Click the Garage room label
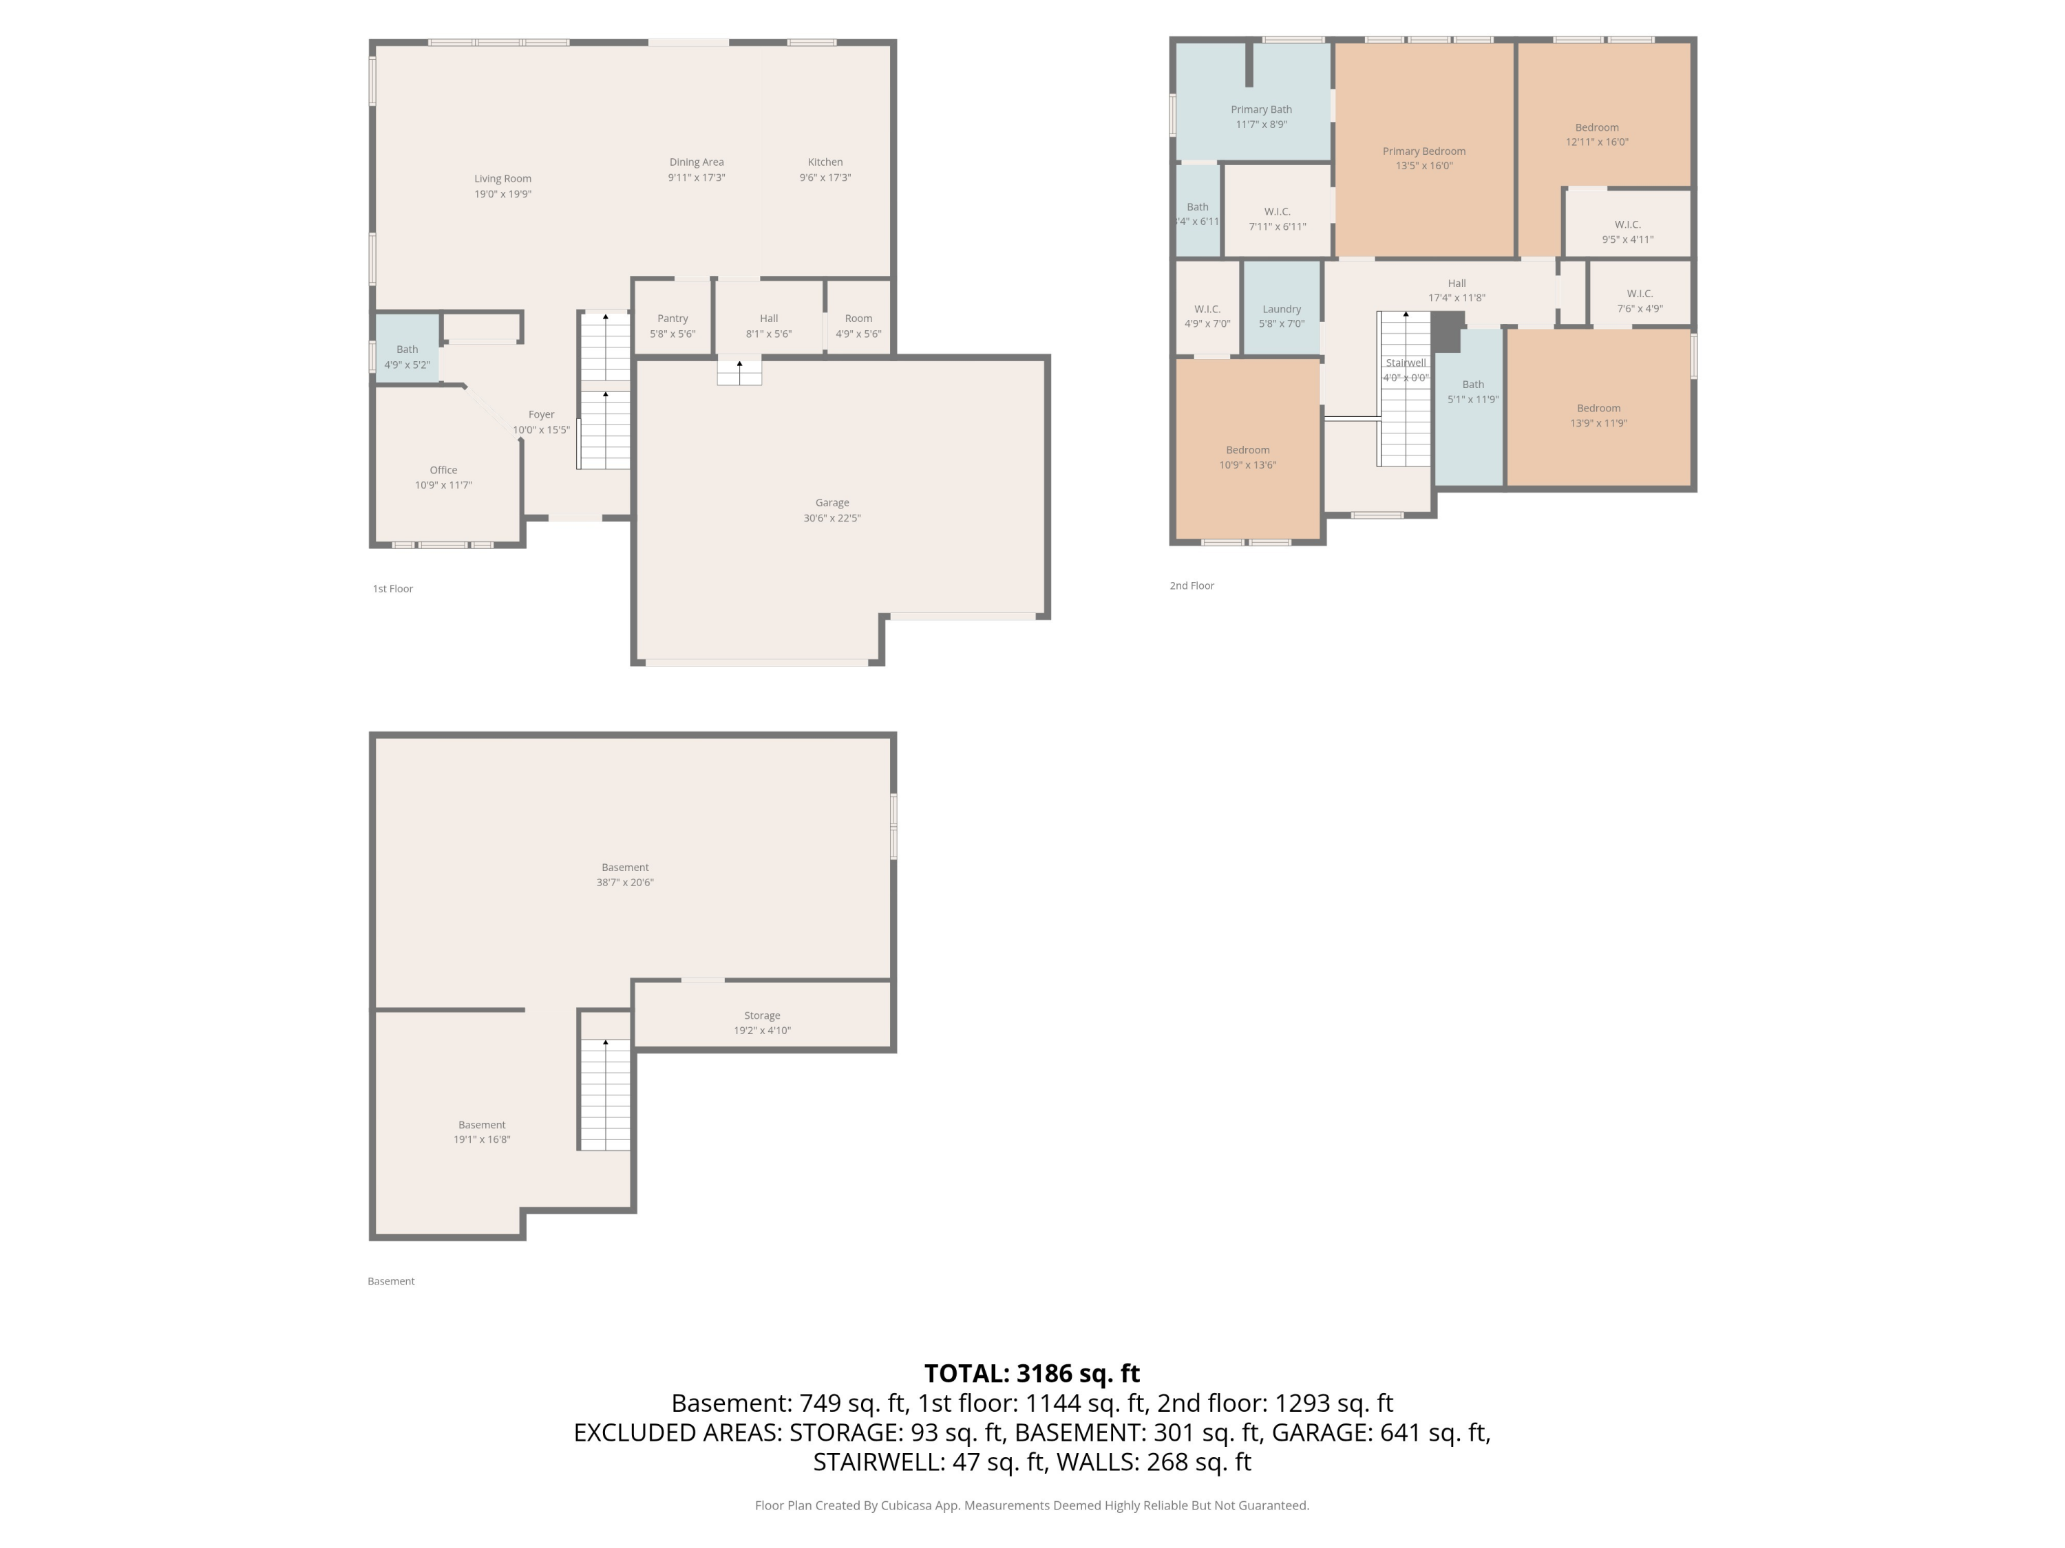pos(832,503)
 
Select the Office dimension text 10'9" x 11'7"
pos(443,485)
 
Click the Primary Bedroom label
pos(1423,151)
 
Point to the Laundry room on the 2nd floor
pos(1281,310)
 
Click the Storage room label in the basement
pos(762,1015)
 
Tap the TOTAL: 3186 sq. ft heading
pos(1032,1373)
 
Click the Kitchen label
pos(825,162)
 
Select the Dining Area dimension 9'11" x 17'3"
pos(697,178)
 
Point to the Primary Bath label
pos(1261,110)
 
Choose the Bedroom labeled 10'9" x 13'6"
pos(1247,450)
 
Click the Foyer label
pos(542,414)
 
